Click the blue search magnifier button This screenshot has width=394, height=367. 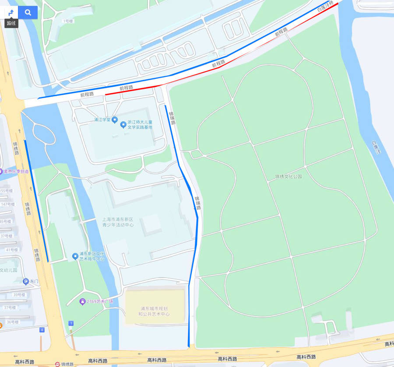(28, 13)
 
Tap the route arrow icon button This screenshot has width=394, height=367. (11, 13)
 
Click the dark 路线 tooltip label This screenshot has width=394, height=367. (11, 23)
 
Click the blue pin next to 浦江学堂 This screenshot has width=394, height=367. (115, 120)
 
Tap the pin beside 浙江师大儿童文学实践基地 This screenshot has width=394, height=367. (123, 125)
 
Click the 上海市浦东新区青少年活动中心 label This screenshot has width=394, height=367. (118, 222)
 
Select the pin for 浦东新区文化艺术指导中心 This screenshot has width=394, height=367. (75, 256)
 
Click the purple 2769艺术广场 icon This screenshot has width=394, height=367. (82, 302)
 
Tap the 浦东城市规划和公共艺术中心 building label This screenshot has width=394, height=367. (154, 311)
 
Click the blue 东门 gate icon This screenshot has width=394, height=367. (26, 281)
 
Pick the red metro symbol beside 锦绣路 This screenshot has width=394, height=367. (57, 364)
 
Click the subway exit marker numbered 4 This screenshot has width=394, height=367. (42, 330)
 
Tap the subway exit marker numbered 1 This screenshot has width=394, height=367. (71, 323)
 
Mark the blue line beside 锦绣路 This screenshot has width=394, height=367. (36, 201)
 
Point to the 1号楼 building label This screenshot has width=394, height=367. (68, 21)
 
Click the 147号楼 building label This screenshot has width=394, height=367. (7, 204)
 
